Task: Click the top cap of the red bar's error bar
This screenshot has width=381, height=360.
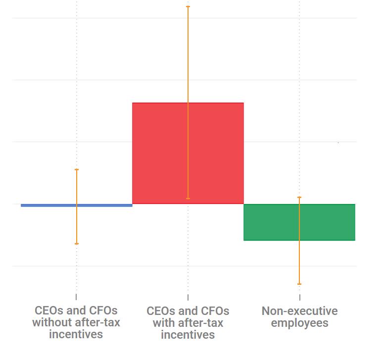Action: coord(188,6)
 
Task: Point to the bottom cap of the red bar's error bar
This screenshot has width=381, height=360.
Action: coord(188,199)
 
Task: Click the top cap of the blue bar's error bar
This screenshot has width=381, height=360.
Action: coord(77,169)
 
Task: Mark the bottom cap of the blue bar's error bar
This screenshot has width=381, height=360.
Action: coord(77,244)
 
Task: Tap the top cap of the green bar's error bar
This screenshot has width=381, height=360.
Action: coord(299,197)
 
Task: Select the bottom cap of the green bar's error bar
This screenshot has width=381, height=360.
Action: coord(299,284)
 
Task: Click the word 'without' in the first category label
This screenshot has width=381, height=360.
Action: coord(52,323)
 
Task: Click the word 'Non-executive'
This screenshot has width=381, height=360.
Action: coord(299,311)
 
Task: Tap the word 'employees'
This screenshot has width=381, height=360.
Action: coord(299,323)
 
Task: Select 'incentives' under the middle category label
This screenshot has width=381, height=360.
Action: coord(188,335)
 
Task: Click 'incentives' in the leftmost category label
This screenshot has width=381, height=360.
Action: coord(76,335)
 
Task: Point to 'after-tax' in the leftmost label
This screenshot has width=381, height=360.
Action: coord(96,323)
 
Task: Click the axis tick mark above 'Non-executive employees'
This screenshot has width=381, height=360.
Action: coord(299,297)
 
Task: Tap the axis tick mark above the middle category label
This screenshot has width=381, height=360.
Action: coord(188,297)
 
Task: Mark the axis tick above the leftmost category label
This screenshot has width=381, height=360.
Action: coord(76,297)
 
